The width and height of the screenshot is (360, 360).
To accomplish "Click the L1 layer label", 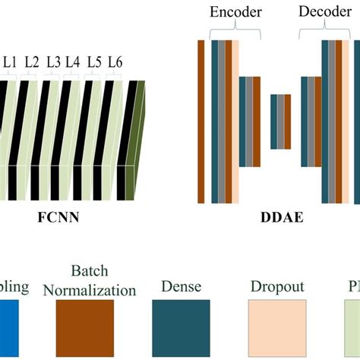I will [11, 61].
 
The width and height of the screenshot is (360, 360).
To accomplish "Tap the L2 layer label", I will [32, 61].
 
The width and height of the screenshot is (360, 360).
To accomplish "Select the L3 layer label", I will [54, 61].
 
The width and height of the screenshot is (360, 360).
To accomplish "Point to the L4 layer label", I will [73, 61].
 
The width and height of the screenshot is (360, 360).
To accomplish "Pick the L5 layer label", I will [94, 61].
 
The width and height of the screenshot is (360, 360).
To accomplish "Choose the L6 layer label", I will [115, 61].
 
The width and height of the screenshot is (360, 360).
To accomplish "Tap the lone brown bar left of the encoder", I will [201, 122].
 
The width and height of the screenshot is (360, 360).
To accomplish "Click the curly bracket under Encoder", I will [235, 30].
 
